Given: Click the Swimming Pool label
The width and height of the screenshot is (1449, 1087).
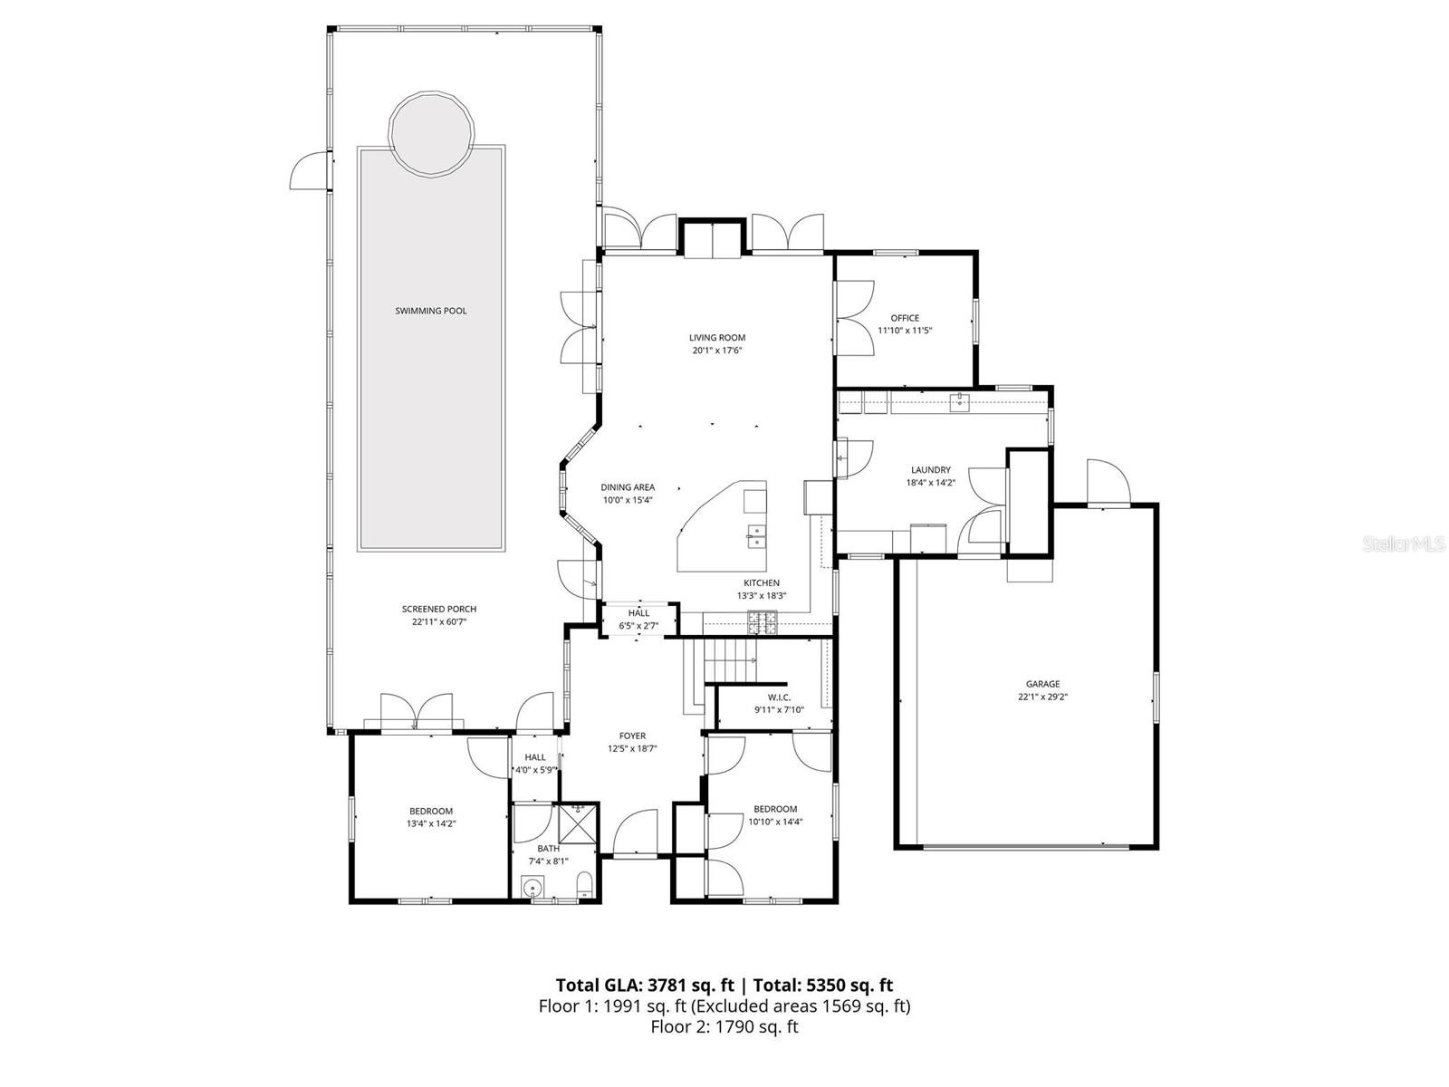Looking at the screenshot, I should click(431, 311).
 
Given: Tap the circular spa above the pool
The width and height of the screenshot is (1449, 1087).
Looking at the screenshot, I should click(431, 133).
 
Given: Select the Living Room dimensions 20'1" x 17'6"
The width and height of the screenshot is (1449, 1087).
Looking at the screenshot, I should click(716, 351).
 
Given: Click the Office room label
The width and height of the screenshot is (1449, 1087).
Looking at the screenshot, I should click(905, 318).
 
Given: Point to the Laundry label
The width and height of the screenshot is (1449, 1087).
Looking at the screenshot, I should click(931, 470).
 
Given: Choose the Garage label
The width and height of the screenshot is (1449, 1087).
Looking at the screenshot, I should click(1042, 685).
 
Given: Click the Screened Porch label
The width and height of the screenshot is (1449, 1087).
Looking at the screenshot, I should click(439, 610).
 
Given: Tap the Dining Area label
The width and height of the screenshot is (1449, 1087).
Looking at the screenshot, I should click(628, 487).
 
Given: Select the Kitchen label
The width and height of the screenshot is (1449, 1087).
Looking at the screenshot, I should click(761, 583).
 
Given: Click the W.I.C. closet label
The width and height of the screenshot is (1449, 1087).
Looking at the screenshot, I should click(779, 697).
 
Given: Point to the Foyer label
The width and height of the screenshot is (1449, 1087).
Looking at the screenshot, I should click(632, 736).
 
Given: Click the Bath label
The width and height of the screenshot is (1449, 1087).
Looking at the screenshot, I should click(548, 849).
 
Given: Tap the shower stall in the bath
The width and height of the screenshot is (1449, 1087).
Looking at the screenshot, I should click(578, 824).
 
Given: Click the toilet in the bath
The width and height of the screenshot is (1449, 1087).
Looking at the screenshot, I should click(585, 883).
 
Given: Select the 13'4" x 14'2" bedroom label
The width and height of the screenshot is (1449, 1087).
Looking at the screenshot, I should click(431, 812).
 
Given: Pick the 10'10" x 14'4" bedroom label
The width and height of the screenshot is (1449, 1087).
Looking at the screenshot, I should click(775, 810).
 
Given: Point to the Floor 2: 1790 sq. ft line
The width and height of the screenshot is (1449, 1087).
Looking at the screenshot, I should click(724, 1026).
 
